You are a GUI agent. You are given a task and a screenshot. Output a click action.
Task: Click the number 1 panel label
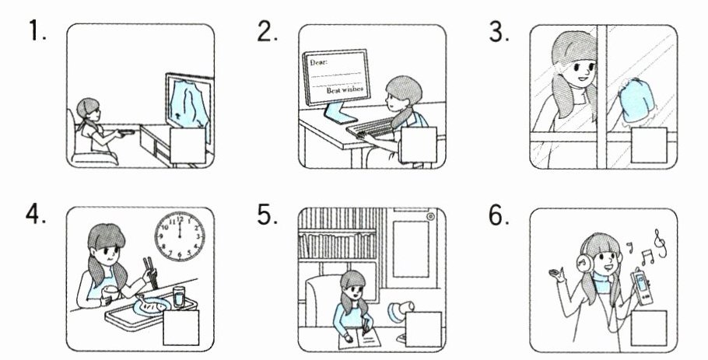[37, 30]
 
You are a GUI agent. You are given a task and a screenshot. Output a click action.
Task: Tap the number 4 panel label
[36, 215]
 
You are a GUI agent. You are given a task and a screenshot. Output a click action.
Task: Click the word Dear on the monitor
[319, 61]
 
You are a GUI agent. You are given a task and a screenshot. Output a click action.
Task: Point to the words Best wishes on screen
[345, 89]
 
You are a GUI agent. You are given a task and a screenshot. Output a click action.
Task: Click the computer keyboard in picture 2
[369, 127]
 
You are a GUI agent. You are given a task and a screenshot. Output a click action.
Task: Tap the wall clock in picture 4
[180, 236]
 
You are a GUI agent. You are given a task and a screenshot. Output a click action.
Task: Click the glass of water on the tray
[179, 297]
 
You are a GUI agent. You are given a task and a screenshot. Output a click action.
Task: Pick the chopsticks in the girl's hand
[150, 272]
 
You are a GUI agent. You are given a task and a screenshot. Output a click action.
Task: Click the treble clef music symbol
[660, 243]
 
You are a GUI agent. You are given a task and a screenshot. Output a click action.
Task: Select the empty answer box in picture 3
[648, 145]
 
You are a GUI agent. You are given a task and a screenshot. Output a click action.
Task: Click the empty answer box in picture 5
[423, 329]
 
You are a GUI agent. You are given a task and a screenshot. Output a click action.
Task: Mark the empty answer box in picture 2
[419, 145]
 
